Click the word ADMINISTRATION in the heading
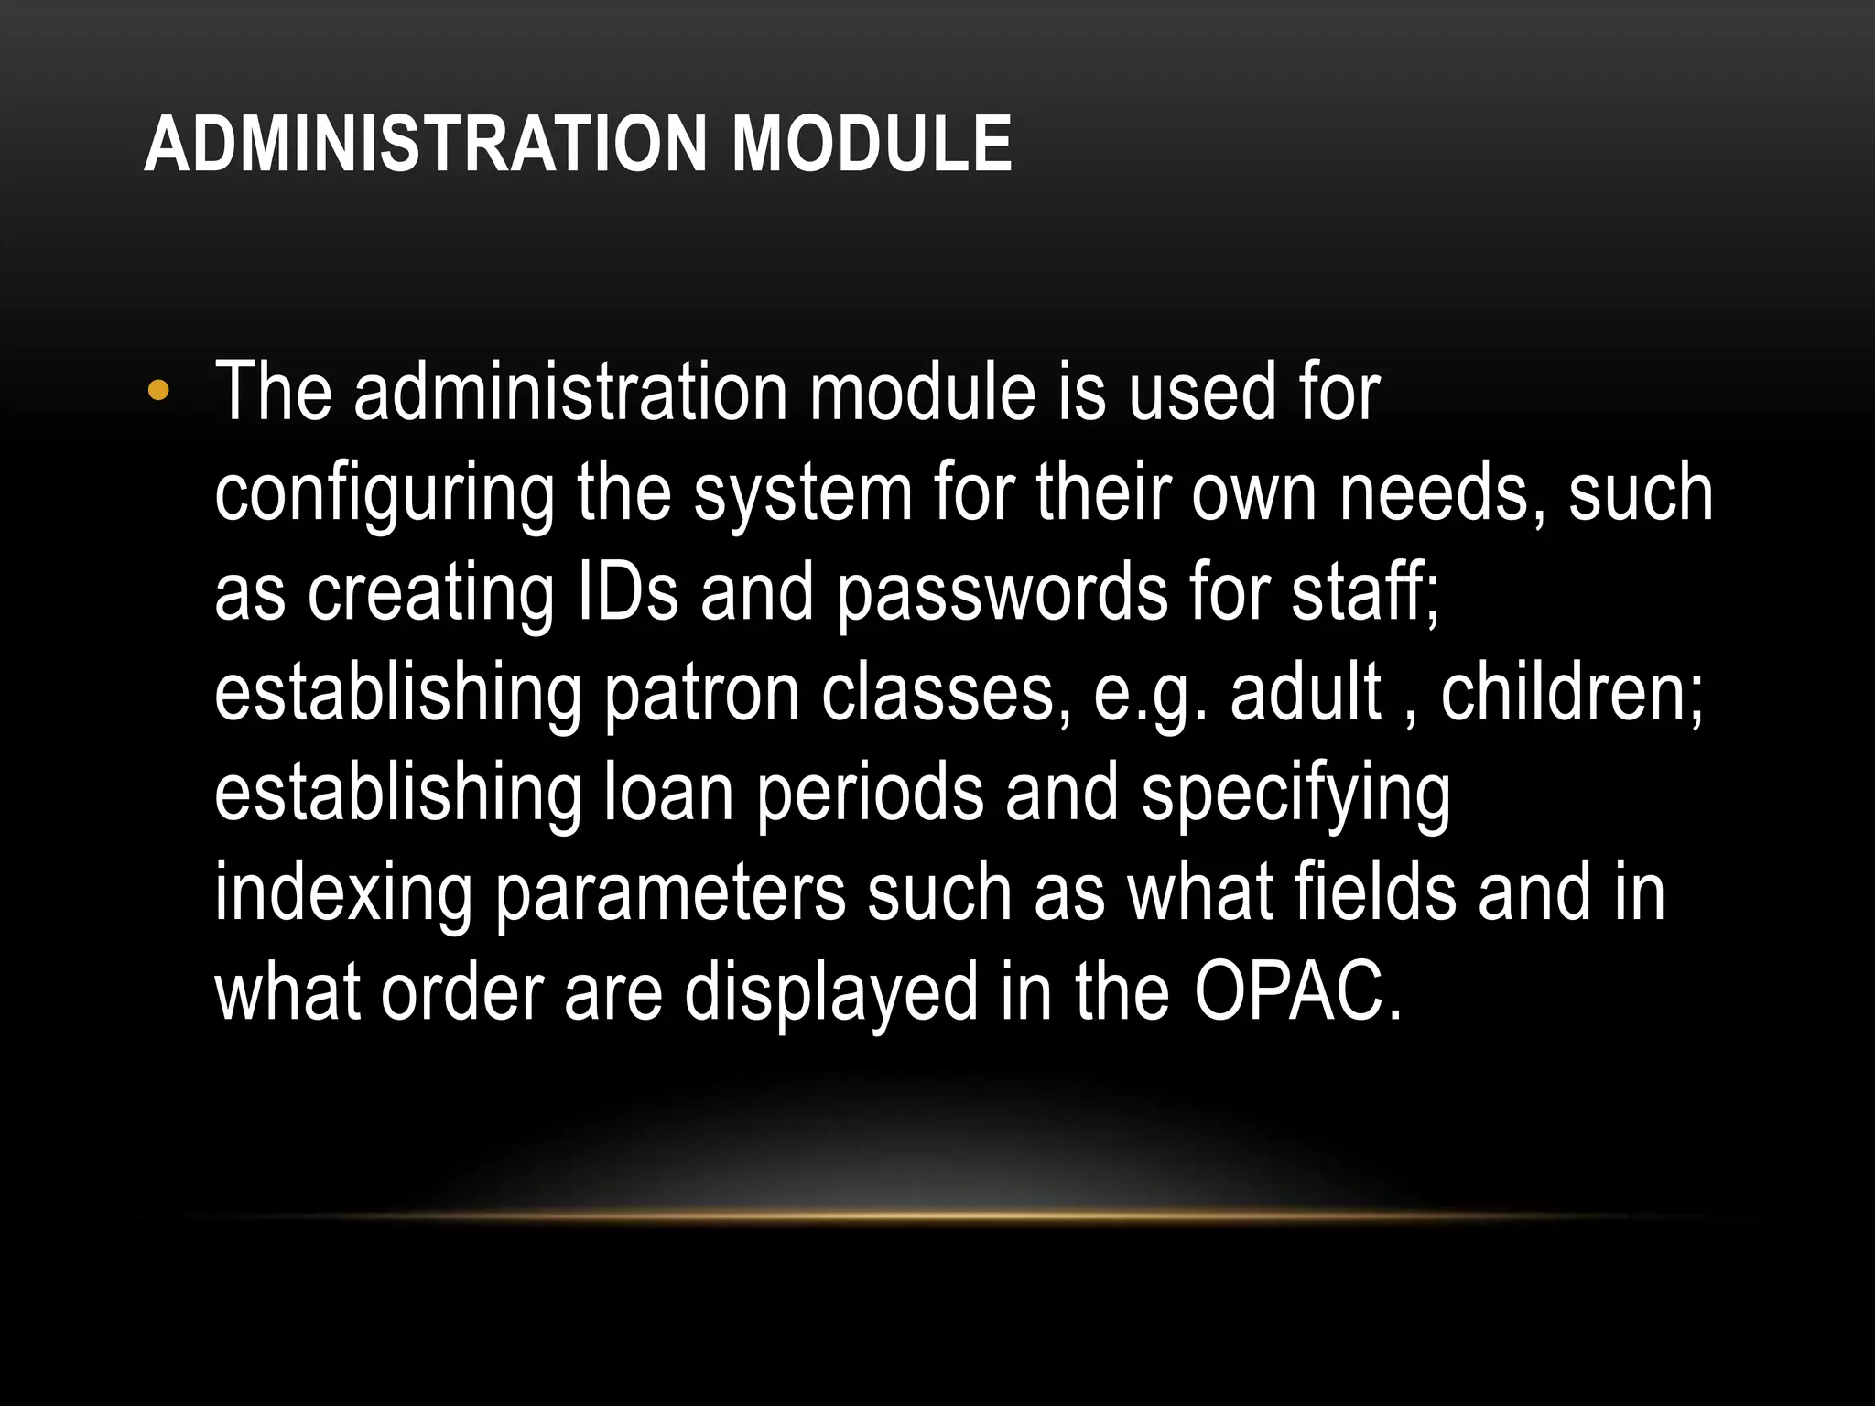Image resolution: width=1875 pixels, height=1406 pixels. coord(426,144)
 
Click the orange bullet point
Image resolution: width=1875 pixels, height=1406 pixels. coord(157,392)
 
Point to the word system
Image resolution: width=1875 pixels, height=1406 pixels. coord(803,494)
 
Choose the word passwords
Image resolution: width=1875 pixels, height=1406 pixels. coord(1003,595)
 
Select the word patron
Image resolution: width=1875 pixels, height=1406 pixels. coord(703,695)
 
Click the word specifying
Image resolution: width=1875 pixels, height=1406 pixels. coord(1295,795)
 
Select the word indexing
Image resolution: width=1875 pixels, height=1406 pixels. coord(344,895)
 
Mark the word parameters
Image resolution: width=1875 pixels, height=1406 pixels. coord(670,895)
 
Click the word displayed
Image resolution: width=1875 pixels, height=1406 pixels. coord(831,995)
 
